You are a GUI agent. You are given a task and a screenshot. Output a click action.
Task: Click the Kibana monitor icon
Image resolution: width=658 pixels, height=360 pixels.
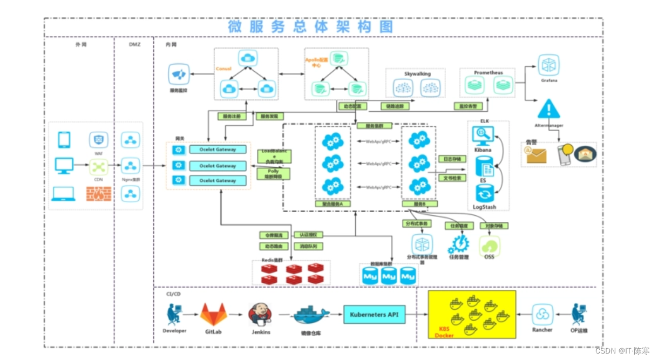[x=482, y=134]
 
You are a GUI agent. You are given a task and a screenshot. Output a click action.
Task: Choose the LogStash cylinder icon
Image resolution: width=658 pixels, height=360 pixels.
[x=484, y=193]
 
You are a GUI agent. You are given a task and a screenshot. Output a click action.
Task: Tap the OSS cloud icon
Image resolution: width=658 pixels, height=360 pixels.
[x=489, y=246]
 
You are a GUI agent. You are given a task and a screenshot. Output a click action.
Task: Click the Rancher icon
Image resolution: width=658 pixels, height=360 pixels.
[x=542, y=315]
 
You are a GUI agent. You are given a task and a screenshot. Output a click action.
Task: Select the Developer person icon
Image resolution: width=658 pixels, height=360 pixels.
[x=174, y=315]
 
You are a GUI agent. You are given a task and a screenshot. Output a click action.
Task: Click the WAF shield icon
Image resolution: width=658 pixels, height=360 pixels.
[x=99, y=140]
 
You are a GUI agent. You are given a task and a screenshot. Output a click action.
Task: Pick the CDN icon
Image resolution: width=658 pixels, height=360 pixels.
[x=99, y=166]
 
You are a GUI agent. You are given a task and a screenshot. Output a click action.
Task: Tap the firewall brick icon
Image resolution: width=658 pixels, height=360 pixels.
[x=99, y=194]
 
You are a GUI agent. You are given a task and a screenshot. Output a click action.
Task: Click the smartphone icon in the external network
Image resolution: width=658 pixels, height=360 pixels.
[x=64, y=140]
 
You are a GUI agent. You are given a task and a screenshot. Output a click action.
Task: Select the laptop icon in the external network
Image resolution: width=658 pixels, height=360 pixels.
[x=63, y=193]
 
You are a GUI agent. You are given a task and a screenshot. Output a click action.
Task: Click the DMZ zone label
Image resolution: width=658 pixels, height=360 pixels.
[x=134, y=44]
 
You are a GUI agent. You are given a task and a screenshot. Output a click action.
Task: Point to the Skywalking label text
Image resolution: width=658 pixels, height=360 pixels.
[x=415, y=73]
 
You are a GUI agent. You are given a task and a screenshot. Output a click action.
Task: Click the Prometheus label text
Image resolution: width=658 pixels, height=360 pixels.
[x=488, y=72]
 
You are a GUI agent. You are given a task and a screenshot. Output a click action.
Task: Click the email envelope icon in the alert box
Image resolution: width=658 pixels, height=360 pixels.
[x=537, y=155]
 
